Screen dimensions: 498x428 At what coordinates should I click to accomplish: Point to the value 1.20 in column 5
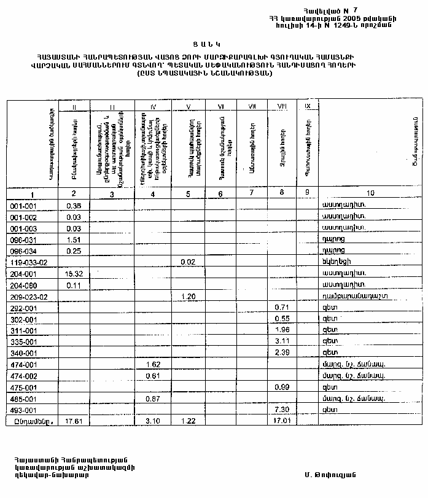pos(188,297)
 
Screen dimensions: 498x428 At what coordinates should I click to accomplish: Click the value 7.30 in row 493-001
pos(281,410)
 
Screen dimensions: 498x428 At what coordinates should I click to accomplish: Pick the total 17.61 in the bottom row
pos(74,422)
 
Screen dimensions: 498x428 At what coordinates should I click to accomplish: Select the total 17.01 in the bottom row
pos(281,422)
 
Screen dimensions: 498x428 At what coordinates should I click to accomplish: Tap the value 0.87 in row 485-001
pos(154,399)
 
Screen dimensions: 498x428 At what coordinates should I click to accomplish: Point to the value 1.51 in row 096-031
pos(74,239)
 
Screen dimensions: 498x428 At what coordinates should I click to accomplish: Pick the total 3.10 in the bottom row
pos(154,422)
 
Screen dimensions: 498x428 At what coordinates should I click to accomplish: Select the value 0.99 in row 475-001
pos(281,387)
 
